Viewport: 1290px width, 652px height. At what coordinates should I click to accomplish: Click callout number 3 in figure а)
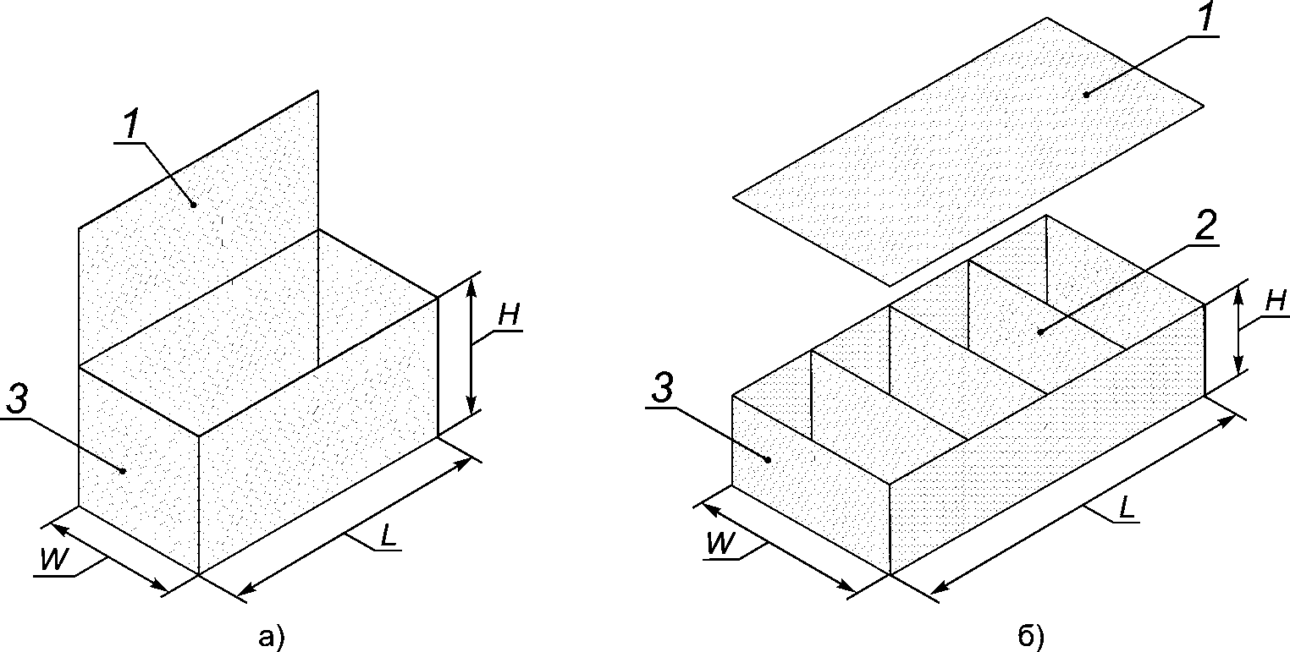click(x=17, y=397)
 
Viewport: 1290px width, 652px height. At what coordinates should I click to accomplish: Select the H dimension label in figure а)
click(x=509, y=315)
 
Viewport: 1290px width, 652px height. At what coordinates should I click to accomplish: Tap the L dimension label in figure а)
click(x=389, y=536)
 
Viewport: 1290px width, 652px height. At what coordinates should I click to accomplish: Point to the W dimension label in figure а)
click(x=55, y=559)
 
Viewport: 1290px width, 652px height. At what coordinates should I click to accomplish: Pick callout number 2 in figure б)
click(x=1206, y=226)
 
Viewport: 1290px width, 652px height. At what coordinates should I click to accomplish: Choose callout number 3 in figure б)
click(x=662, y=389)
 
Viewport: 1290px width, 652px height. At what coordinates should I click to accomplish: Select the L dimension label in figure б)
click(x=1126, y=507)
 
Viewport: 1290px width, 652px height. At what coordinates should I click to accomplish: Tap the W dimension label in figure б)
click(x=721, y=543)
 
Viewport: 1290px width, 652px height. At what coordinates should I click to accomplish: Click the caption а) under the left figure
click(x=272, y=638)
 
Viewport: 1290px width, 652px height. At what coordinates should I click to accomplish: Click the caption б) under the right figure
click(x=1031, y=638)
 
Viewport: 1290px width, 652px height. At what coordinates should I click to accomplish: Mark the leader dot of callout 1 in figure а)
click(x=194, y=205)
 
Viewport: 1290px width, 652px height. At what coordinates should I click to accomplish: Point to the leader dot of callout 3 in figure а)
click(x=123, y=471)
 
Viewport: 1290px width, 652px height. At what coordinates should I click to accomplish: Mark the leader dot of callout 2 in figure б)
click(x=1040, y=331)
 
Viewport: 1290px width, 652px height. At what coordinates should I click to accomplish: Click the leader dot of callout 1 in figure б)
click(x=1087, y=94)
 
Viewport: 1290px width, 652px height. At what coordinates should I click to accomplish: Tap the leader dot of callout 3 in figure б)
click(x=768, y=459)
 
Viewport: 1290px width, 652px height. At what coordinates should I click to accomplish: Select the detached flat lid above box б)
click(x=968, y=151)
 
